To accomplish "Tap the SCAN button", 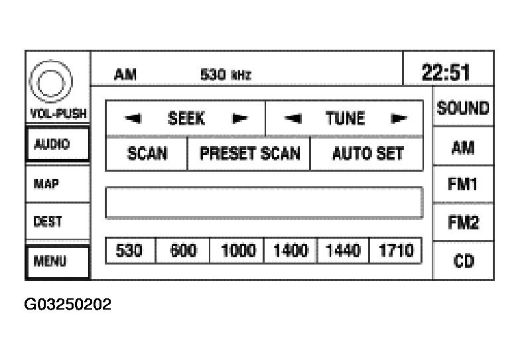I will click(x=147, y=154).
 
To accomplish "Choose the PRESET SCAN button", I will click(x=249, y=154).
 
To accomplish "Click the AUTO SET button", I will click(x=367, y=154).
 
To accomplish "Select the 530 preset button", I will click(x=130, y=251).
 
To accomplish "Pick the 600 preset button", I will click(x=183, y=251).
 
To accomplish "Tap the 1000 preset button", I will click(x=237, y=251).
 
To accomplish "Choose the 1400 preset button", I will click(x=290, y=251).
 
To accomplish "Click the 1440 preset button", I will click(x=343, y=251).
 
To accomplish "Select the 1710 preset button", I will click(x=395, y=251).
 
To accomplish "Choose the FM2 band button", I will click(x=464, y=223).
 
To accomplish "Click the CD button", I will click(x=464, y=261).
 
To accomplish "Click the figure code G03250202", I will click(x=68, y=305).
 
